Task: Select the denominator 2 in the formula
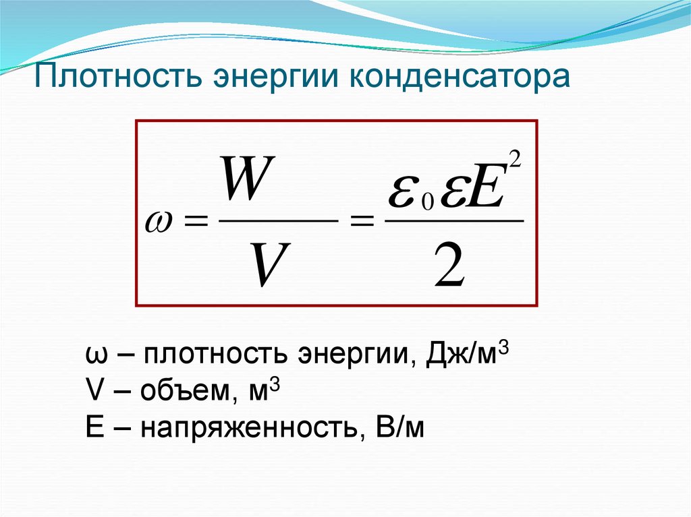click(449, 264)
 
